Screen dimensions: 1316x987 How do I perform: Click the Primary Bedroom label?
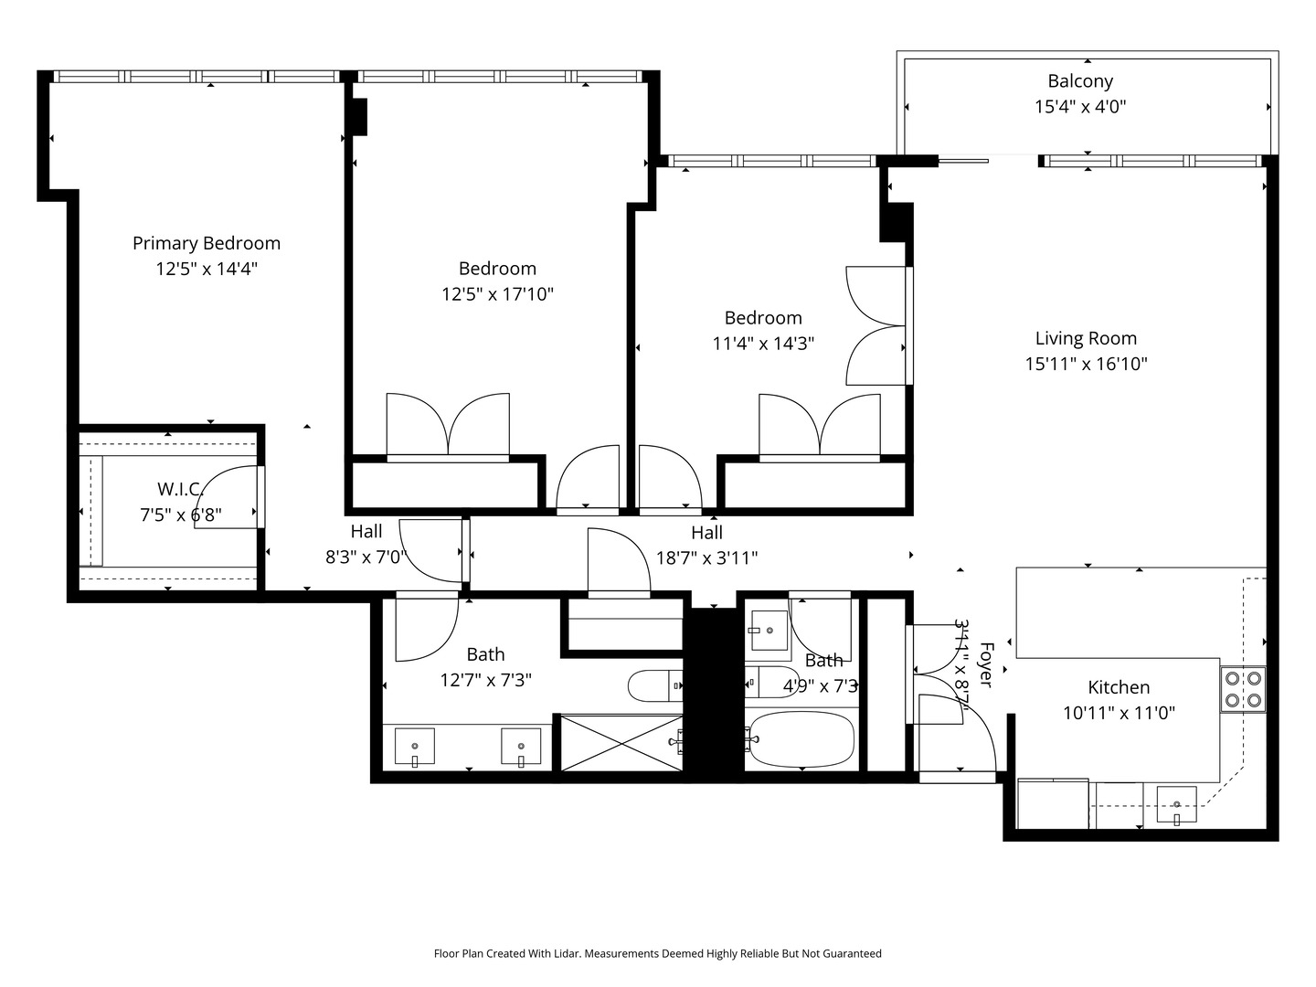click(207, 243)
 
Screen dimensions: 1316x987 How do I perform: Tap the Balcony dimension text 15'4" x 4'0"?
click(1080, 107)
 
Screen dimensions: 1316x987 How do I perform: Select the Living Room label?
click(1086, 338)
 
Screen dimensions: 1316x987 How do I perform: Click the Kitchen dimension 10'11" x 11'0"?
click(1119, 713)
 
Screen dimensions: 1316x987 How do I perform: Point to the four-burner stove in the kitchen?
click(1243, 689)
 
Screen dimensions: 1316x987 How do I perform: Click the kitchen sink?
click(1176, 805)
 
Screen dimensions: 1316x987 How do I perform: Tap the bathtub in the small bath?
click(800, 739)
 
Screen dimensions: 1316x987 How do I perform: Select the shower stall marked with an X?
click(621, 744)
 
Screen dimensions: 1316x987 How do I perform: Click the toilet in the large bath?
click(655, 685)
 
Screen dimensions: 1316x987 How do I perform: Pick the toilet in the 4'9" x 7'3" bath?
click(772, 682)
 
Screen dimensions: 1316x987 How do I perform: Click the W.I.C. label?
click(180, 489)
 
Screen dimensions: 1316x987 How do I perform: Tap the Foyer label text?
click(986, 664)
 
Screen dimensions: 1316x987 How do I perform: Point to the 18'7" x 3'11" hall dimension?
click(706, 558)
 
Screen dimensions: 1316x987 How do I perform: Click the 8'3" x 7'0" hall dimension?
click(366, 557)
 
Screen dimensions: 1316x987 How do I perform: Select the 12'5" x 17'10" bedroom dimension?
click(498, 294)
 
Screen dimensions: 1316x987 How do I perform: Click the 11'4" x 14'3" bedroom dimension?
click(763, 344)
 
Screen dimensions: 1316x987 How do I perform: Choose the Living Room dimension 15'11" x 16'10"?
click(1086, 364)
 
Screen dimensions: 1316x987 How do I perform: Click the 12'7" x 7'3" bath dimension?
click(485, 680)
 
